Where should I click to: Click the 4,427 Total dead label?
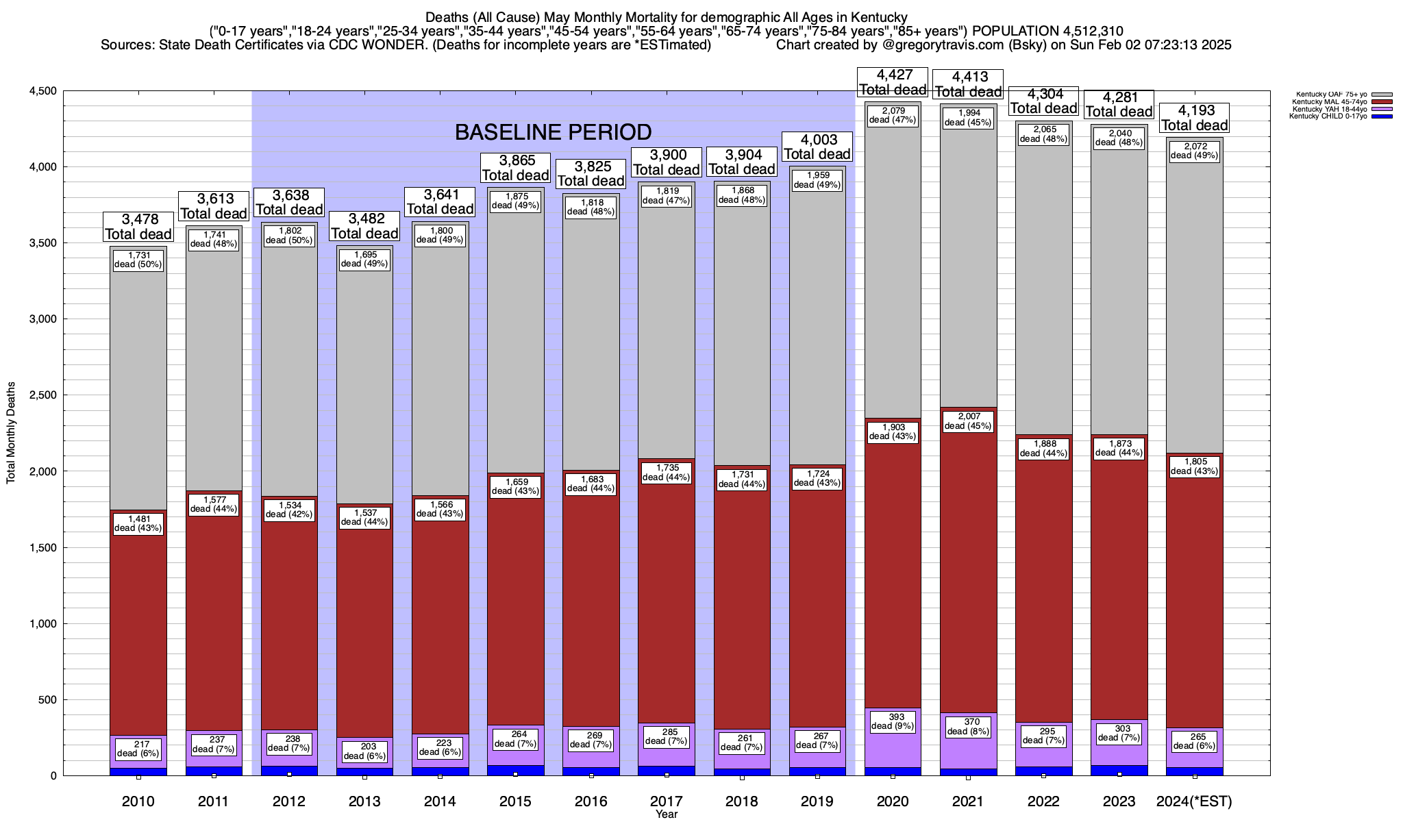click(893, 82)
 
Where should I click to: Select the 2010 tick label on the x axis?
click(138, 801)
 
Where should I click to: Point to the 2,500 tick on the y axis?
click(42, 395)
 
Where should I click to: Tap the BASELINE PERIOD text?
click(553, 132)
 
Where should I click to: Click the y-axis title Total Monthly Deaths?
click(11, 433)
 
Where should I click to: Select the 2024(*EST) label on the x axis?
click(1194, 801)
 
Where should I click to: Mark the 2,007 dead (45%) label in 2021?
click(968, 421)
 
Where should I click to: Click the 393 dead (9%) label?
click(893, 721)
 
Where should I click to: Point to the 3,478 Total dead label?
click(138, 227)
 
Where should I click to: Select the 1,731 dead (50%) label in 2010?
click(138, 260)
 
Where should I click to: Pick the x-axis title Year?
click(666, 814)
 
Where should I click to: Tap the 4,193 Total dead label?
click(1194, 118)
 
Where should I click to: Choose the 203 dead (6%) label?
click(364, 751)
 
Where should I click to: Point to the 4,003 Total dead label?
click(817, 147)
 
